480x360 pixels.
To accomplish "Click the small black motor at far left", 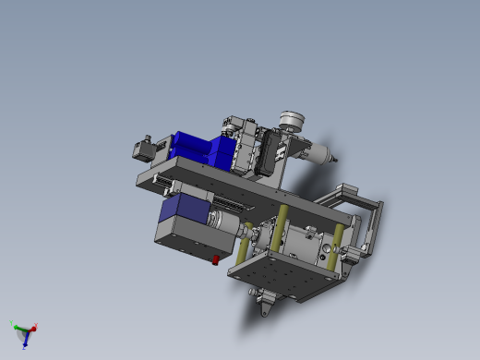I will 144,148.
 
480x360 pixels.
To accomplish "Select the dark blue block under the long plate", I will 181,209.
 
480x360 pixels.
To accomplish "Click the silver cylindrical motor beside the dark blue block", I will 222,221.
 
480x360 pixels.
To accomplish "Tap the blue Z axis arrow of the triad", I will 25,339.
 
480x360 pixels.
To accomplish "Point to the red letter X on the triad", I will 35,325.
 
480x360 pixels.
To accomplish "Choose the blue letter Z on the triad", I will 26,346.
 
